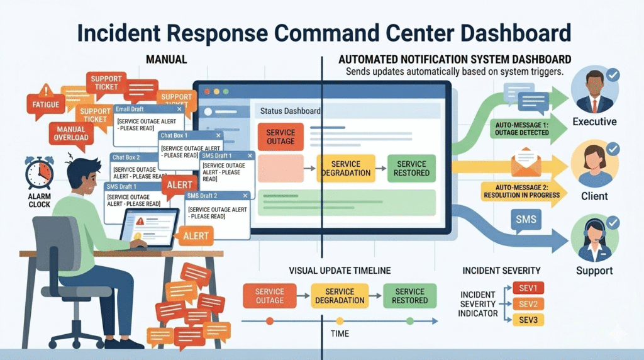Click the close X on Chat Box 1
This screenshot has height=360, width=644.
pos(218,135)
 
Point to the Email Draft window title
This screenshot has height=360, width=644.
pos(131,110)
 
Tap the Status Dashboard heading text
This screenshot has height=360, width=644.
pos(290,111)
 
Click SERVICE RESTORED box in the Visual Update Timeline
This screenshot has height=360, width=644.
pos(409,296)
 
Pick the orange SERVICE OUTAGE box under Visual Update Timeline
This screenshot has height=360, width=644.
pos(269,296)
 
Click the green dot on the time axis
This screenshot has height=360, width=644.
pos(409,321)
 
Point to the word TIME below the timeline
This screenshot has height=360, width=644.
pos(340,334)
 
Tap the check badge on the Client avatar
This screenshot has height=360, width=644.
pos(613,149)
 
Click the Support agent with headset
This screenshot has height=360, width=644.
pos(594,240)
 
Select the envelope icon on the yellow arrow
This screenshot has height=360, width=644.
pos(526,162)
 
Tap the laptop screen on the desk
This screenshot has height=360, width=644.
pos(150,227)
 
